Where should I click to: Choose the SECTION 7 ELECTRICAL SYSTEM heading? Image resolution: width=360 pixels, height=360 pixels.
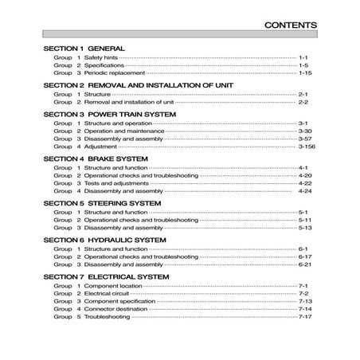pyautogui.click(x=106, y=276)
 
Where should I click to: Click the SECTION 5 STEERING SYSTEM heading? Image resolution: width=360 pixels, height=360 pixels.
pyautogui.click(x=102, y=203)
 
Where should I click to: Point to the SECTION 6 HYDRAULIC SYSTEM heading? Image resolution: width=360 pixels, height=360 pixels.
pyautogui.click(x=104, y=240)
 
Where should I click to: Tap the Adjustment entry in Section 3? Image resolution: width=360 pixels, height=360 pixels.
pyautogui.click(x=100, y=147)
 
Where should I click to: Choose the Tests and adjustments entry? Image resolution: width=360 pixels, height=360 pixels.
pyautogui.click(x=114, y=182)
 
